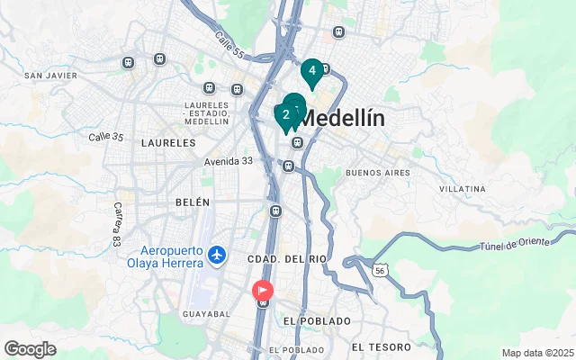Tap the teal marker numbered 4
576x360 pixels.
pyautogui.click(x=311, y=71)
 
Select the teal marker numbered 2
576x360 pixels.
pyautogui.click(x=285, y=115)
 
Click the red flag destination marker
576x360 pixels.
pyautogui.click(x=263, y=290)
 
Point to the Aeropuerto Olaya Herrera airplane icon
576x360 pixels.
pyautogui.click(x=215, y=255)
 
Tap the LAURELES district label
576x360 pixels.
pyautogui.click(x=168, y=142)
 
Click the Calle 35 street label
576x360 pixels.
pyautogui.click(x=105, y=137)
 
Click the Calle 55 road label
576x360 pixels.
pyautogui.click(x=228, y=44)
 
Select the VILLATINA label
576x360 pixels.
pyautogui.click(x=463, y=189)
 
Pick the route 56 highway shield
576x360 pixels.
pyautogui.click(x=382, y=269)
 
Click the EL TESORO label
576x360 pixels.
pyautogui.click(x=382, y=346)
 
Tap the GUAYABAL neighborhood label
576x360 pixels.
pyautogui.click(x=206, y=314)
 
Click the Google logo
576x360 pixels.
pyautogui.click(x=30, y=349)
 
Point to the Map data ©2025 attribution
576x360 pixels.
pyautogui.click(x=537, y=353)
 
